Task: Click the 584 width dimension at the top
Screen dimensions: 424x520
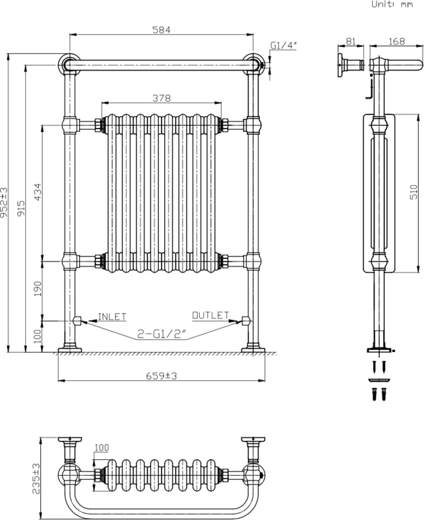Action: [x=162, y=30]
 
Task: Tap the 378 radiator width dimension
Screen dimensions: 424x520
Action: [x=162, y=98]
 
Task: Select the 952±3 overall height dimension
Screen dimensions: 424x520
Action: [x=4, y=202]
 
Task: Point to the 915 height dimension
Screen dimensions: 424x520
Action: [x=21, y=208]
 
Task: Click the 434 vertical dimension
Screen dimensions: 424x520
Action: [x=38, y=192]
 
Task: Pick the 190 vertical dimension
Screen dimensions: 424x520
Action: [x=38, y=289]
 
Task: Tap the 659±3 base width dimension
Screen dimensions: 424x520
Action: [x=162, y=376]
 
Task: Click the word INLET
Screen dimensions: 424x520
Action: [x=112, y=317]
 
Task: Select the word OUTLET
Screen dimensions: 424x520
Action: [x=210, y=315]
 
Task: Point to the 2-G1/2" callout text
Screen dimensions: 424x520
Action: [x=162, y=334]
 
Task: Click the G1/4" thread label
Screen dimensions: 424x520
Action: [x=283, y=45]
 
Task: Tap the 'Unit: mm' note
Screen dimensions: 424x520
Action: [x=392, y=5]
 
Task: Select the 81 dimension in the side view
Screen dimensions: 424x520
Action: [x=351, y=42]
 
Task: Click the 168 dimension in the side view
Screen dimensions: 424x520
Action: [x=397, y=41]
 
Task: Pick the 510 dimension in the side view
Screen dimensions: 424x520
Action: [x=413, y=192]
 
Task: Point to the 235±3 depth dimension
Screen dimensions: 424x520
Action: [x=36, y=478]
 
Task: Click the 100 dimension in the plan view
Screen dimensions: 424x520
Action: [x=102, y=448]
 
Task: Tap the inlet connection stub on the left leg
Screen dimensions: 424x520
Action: [x=77, y=321]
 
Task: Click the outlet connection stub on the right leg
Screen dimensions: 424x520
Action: [x=245, y=321]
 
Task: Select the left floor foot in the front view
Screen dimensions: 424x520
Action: [x=70, y=349]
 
